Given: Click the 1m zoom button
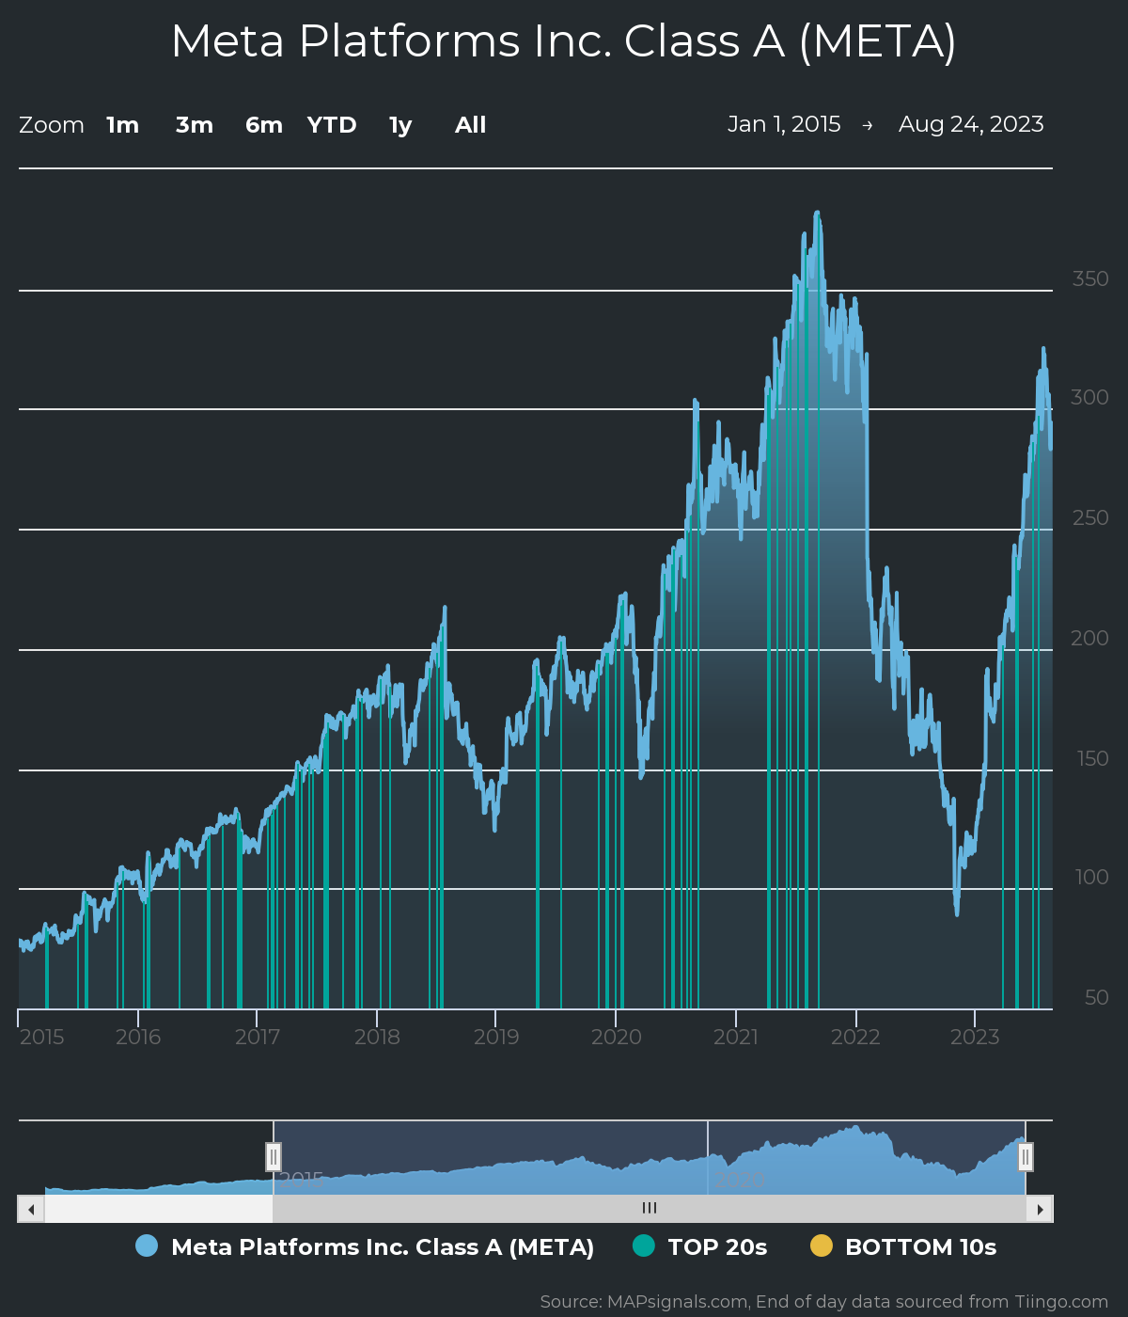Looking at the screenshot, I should click(122, 125).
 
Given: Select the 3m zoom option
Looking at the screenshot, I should click(195, 125).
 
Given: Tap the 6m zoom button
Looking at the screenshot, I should click(264, 125).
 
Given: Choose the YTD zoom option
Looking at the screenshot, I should click(332, 125).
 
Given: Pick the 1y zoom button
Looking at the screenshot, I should click(400, 125).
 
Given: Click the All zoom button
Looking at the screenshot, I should click(470, 125).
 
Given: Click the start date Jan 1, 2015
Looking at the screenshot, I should click(784, 124).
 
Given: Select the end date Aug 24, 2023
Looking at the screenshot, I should click(971, 124).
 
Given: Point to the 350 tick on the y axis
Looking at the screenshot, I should click(1090, 278).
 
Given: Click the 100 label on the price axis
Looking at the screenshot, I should click(1091, 877).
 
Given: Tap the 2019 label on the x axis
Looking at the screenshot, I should click(496, 1037).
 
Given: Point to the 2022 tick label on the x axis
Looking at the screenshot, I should click(855, 1037).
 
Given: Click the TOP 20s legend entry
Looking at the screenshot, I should click(716, 1246).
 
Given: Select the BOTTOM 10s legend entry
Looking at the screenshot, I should click(919, 1246).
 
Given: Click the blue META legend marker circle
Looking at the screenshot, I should click(147, 1246).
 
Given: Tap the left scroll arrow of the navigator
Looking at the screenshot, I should click(31, 1209).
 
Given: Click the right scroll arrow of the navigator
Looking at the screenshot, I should click(1040, 1209).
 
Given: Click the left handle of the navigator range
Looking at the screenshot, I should click(274, 1156).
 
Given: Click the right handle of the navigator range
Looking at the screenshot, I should click(1026, 1156).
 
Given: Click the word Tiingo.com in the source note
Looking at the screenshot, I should click(1060, 1302).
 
